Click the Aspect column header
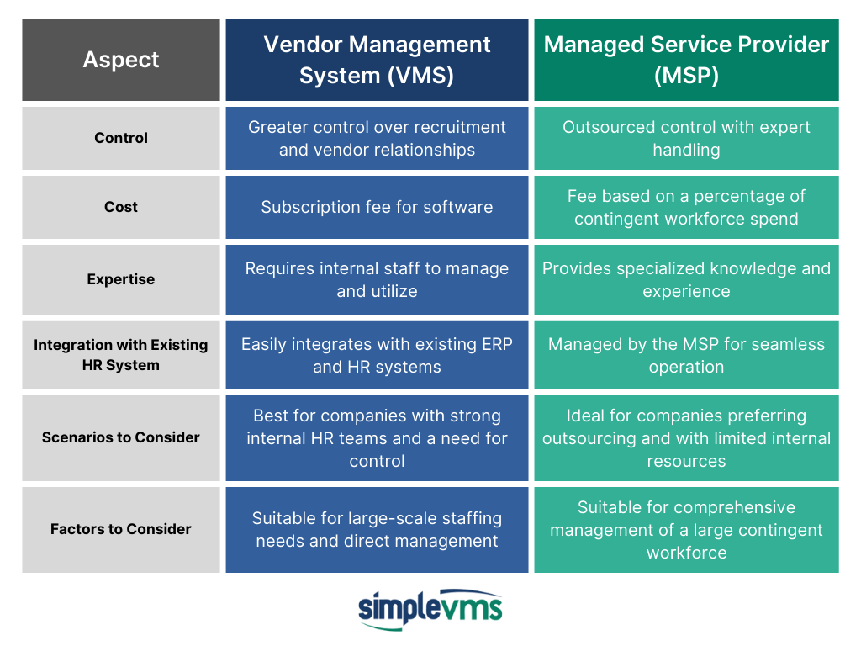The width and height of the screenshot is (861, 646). click(121, 60)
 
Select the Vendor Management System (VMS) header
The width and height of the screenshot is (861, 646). click(377, 60)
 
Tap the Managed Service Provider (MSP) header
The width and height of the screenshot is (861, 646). click(686, 60)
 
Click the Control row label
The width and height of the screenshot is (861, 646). click(121, 138)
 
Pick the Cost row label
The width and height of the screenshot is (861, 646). click(121, 207)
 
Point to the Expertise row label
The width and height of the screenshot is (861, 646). click(121, 279)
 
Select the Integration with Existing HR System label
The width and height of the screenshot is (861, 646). click(121, 355)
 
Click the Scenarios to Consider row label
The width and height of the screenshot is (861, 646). click(121, 437)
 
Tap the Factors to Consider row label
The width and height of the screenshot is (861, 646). click(121, 530)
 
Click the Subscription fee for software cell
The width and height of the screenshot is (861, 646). click(377, 207)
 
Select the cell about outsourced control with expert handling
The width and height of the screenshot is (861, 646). click(686, 138)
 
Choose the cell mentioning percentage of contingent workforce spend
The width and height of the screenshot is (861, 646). click(686, 207)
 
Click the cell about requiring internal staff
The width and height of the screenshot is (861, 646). click(377, 279)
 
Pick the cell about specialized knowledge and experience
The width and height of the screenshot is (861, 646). click(686, 279)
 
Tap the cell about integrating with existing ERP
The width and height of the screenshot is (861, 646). click(377, 355)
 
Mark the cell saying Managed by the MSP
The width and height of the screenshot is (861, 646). click(686, 355)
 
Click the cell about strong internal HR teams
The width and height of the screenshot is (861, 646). click(377, 437)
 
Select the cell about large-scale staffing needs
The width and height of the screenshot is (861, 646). click(377, 530)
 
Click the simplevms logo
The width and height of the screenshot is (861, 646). click(430, 609)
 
